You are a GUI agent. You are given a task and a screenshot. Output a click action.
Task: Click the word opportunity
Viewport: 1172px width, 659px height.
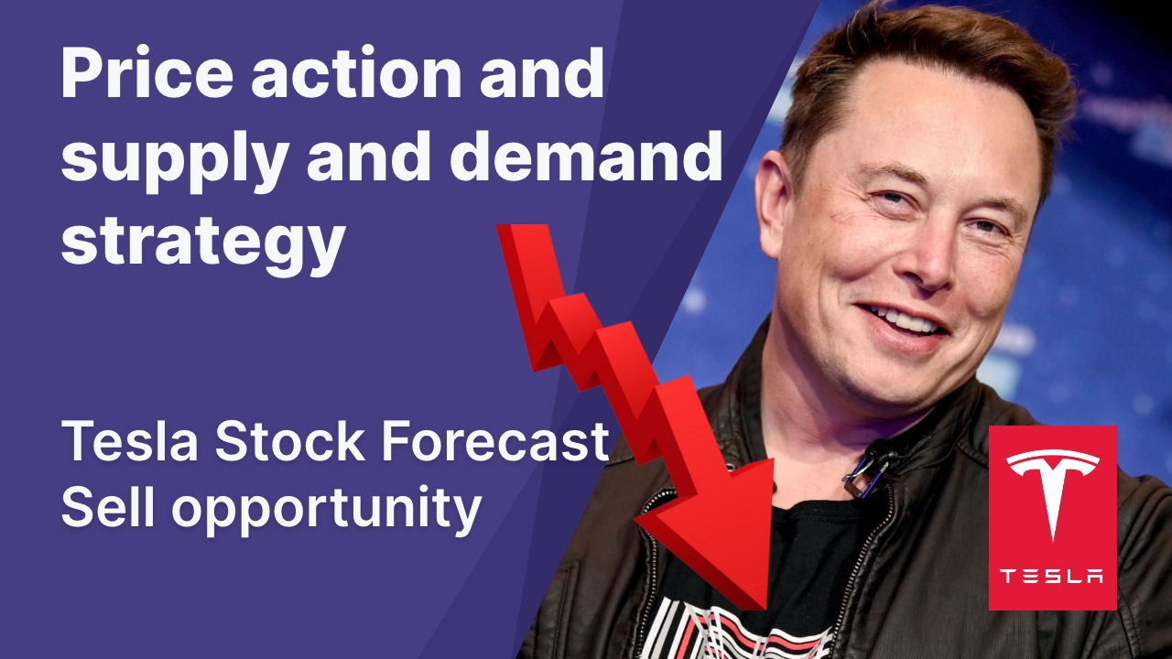[326, 511]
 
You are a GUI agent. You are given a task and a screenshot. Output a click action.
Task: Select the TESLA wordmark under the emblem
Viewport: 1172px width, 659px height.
[1052, 576]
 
